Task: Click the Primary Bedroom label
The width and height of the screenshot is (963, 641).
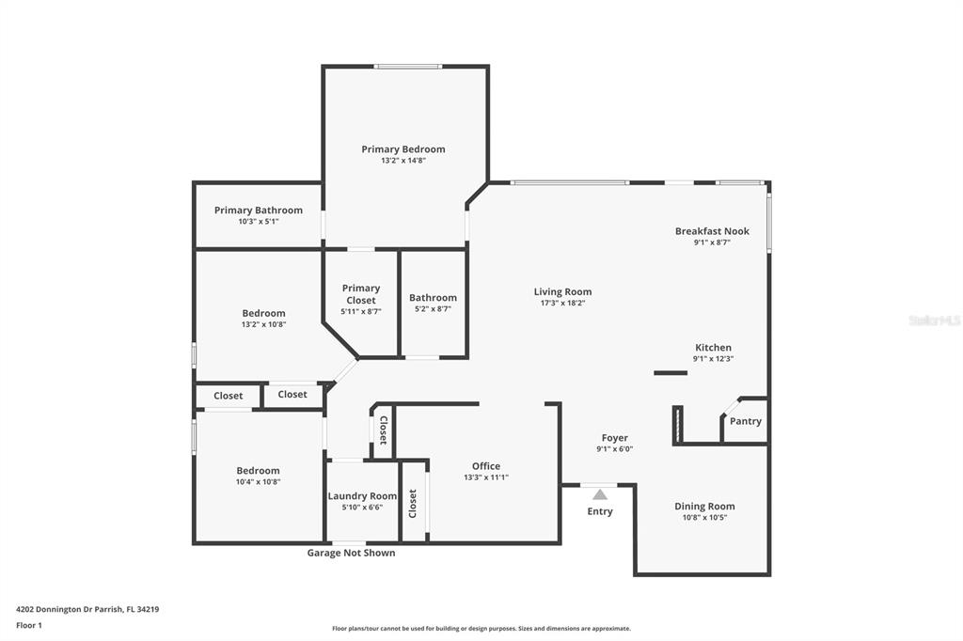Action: [x=403, y=149]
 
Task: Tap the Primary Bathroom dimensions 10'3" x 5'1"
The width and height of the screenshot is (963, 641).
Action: [x=259, y=222]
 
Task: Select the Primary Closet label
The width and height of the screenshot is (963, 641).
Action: [x=361, y=294]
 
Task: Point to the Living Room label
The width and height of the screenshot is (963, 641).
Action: [x=562, y=291]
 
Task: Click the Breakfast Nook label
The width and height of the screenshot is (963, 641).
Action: [x=713, y=231]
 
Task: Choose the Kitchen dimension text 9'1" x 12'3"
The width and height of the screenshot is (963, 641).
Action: [x=714, y=359]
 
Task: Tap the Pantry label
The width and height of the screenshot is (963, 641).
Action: [x=746, y=421]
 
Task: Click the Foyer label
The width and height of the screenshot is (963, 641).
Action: [x=615, y=438]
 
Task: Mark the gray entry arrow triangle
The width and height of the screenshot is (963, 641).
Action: [x=600, y=494]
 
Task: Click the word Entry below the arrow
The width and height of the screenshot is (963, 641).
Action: [x=600, y=511]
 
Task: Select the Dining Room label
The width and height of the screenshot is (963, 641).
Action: [x=704, y=506]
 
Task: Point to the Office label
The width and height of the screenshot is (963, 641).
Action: [x=486, y=466]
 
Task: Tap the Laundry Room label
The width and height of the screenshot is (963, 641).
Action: [x=362, y=496]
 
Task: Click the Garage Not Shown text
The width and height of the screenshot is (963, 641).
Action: [x=352, y=553]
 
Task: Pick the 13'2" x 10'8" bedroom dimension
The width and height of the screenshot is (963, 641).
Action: [x=264, y=324]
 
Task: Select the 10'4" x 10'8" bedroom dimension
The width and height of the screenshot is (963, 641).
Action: [x=258, y=482]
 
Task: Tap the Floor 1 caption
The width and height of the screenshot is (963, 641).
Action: [x=29, y=626]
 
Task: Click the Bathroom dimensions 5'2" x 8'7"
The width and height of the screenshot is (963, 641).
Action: [x=433, y=309]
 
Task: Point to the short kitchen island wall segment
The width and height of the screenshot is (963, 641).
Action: [x=671, y=373]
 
